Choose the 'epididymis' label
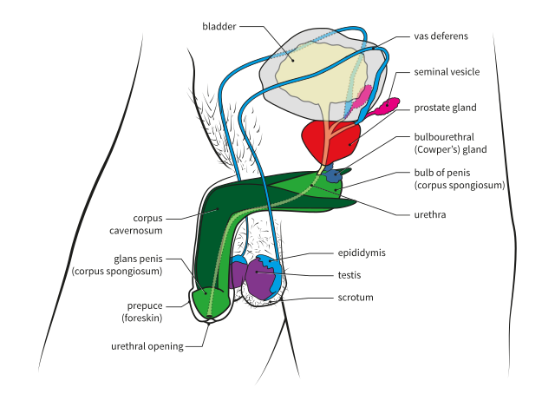pyautogui.click(x=362, y=253)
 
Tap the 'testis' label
pyautogui.click(x=349, y=275)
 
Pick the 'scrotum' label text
pyautogui.click(x=356, y=297)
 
